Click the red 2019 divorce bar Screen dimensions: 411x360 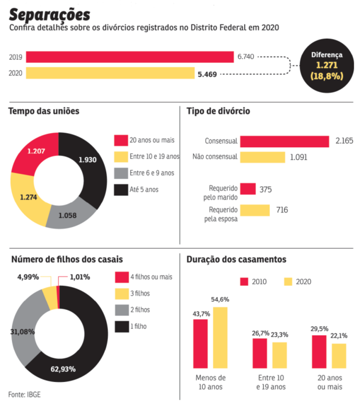pyautogui.click(x=130, y=57)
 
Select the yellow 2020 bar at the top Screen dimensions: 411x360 pyautogui.click(x=110, y=73)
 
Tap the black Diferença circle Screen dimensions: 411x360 pyautogui.click(x=327, y=66)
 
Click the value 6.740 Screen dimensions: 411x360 pyautogui.click(x=246, y=57)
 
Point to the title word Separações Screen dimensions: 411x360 pyautogui.click(x=49, y=15)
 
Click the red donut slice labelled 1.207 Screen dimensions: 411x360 pyautogui.click(x=34, y=153)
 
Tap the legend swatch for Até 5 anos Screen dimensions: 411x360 pyautogui.click(x=121, y=190)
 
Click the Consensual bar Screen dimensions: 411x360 pyautogui.click(x=284, y=142)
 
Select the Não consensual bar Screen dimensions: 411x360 pyautogui.click(x=262, y=157)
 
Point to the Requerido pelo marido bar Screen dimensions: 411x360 pyautogui.click(x=248, y=189)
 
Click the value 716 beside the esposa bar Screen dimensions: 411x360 pyautogui.click(x=282, y=210)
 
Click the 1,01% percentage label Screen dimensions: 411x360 pyautogui.click(x=80, y=277)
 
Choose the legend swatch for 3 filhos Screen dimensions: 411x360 pyautogui.click(x=122, y=294)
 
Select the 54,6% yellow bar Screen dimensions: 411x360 pyautogui.click(x=220, y=337)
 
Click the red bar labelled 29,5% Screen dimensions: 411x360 pyautogui.click(x=319, y=352)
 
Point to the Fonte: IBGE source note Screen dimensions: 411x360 pyautogui.click(x=24, y=394)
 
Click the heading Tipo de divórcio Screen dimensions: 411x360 pyautogui.click(x=218, y=111)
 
